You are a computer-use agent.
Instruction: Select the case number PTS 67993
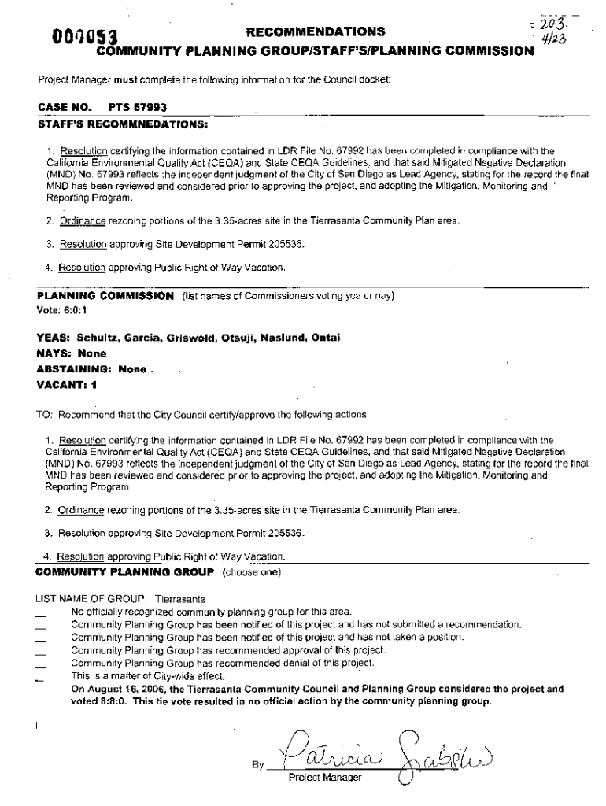[137, 107]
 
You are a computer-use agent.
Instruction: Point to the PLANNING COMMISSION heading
[105, 296]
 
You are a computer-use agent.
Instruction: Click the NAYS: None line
[72, 354]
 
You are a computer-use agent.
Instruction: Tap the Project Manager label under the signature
[324, 778]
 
